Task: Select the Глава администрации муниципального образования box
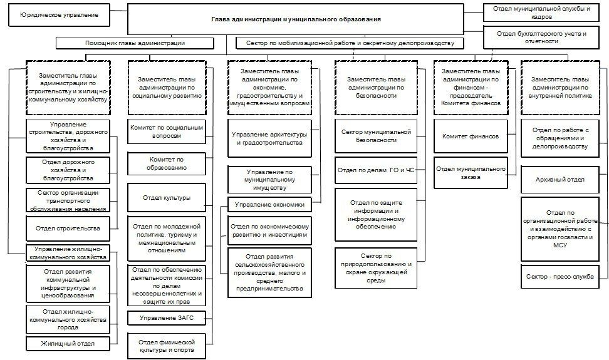pos(304,19)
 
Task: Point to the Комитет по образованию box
pos(167,163)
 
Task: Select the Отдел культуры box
pos(167,198)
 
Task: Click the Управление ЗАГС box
pos(167,319)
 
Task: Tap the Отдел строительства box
pos(68,229)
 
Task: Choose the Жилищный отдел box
pos(68,343)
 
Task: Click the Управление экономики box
pos(269,204)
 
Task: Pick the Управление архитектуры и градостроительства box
pos(269,138)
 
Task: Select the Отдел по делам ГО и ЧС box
pos(376,170)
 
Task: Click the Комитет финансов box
pos(471,136)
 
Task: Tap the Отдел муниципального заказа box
pos(471,173)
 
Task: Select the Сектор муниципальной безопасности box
pos(376,136)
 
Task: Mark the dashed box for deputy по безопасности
pos(376,88)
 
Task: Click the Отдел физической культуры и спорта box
pos(167,346)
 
